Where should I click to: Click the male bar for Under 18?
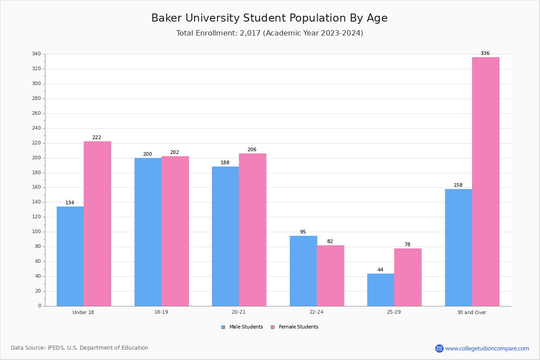70,256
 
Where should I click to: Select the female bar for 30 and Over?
486,181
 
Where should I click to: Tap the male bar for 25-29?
381,290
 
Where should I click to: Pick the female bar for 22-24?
330,276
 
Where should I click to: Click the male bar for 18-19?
148,232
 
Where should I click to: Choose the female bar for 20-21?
252,230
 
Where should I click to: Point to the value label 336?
485,53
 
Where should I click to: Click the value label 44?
380,270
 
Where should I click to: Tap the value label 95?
303,232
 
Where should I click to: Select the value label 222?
97,137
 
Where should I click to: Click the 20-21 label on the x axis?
238,312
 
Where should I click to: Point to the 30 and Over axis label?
472,312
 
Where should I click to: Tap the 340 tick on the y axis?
36,54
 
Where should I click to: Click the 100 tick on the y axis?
36,232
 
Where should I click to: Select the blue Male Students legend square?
223,327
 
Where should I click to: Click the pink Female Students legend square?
273,327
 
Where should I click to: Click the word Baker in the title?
166,18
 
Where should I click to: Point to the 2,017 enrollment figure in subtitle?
250,33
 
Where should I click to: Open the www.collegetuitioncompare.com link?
487,348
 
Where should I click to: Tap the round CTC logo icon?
439,348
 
